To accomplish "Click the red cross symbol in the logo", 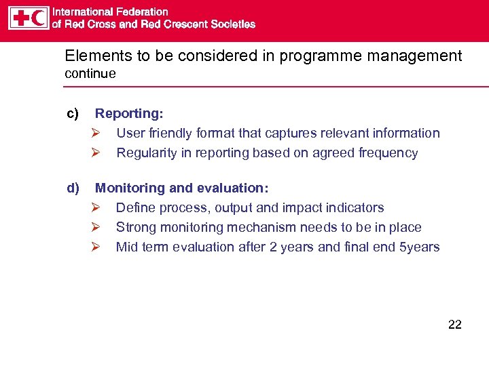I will [x=20, y=18].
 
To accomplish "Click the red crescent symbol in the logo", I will [x=39, y=18].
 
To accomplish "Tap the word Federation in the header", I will [x=141, y=12].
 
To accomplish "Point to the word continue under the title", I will [x=90, y=73].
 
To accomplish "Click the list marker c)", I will [x=72, y=114].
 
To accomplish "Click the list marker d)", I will [x=72, y=188].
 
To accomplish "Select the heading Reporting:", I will [x=128, y=114].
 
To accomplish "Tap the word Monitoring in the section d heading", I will [x=130, y=188].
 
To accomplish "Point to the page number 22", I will [x=454, y=325].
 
